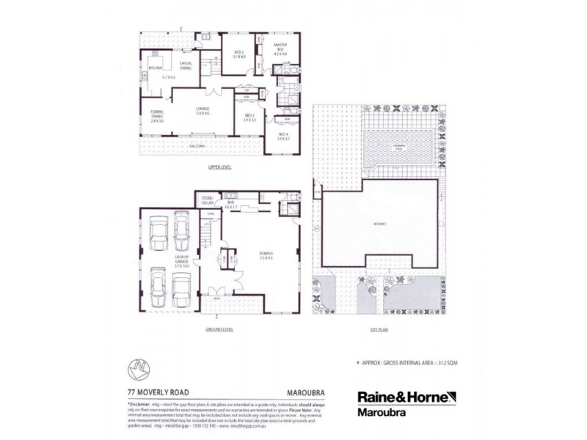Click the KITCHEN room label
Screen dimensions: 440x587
[x=155, y=68]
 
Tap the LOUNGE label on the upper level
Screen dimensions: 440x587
[x=203, y=111]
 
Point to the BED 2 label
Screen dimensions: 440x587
[x=238, y=53]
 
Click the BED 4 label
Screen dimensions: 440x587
[x=283, y=136]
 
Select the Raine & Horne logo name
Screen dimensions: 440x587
[x=406, y=395]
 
